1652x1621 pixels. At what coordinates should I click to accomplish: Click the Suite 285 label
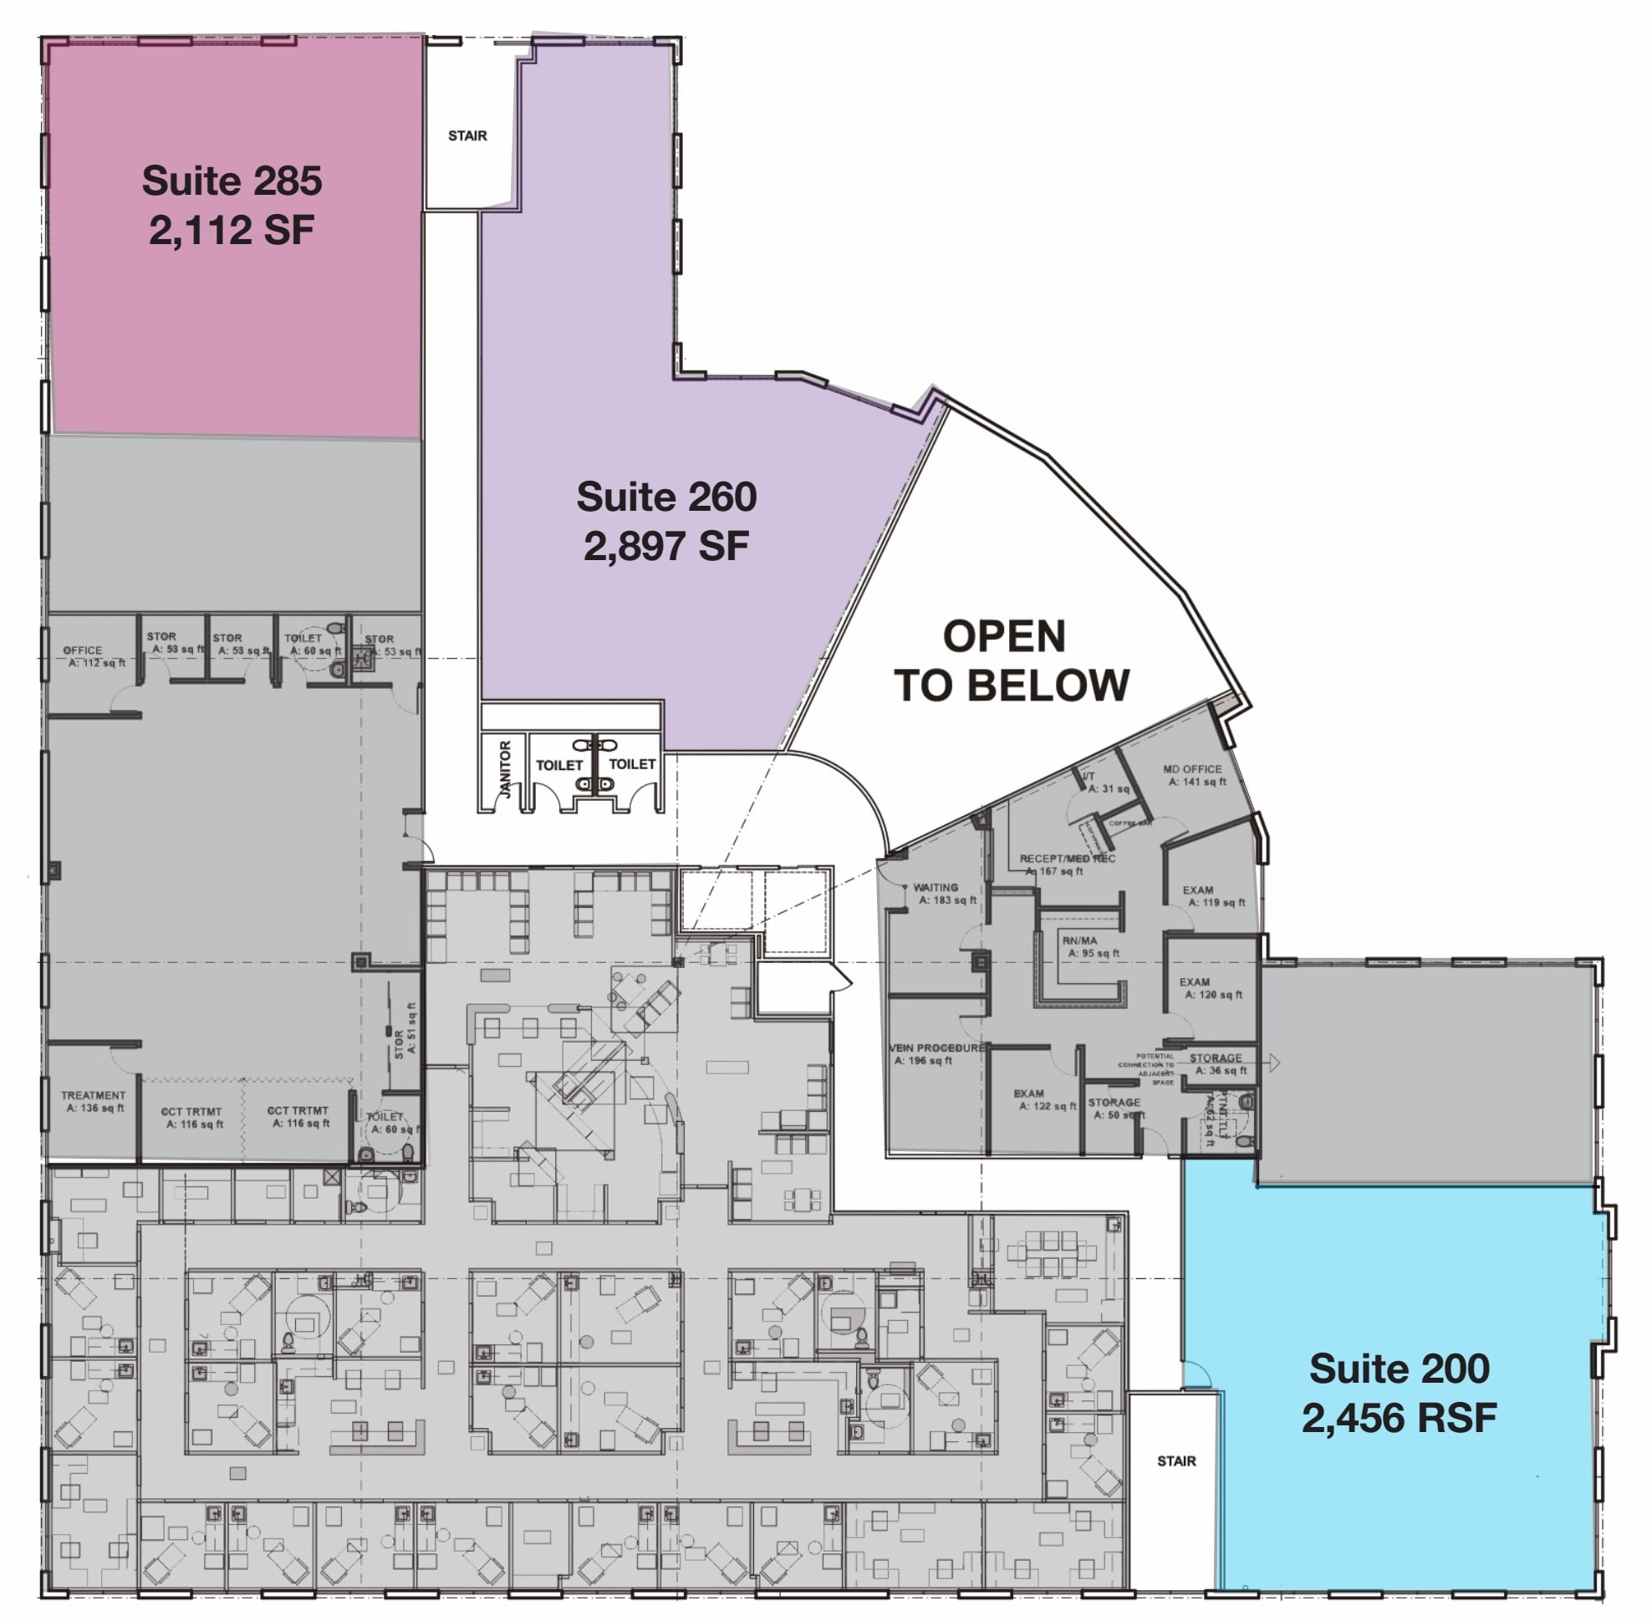[232, 181]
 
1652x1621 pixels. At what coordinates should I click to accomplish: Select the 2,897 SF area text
[666, 546]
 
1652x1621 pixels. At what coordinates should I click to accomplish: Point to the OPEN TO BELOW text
[1010, 660]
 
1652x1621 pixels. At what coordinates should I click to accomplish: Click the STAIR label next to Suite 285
[467, 135]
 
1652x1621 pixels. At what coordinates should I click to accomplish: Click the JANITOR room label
[505, 769]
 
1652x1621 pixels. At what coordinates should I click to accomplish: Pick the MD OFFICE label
[1192, 769]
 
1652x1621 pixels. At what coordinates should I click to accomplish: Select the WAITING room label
[935, 887]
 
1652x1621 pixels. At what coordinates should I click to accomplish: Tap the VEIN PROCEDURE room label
[936, 1048]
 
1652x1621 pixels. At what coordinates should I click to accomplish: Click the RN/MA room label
[1080, 940]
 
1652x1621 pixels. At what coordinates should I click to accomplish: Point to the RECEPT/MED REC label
[1067, 859]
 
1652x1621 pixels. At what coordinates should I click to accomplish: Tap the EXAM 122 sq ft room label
[1028, 1094]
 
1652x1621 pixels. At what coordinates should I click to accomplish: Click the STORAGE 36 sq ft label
[1215, 1058]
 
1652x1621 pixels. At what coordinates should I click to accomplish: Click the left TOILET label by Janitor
[558, 766]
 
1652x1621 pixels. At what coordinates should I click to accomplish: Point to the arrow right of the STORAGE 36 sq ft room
[1274, 1063]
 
